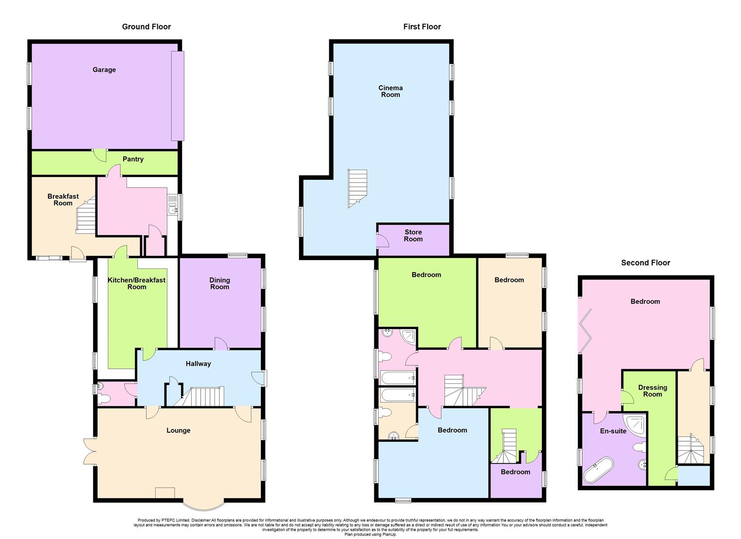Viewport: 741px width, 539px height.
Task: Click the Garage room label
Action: coord(104,70)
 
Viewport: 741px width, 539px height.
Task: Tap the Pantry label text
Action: coord(133,159)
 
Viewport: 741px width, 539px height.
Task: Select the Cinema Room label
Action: coord(390,91)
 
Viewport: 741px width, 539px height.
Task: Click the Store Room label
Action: coord(413,236)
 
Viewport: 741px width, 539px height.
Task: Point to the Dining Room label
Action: coord(220,283)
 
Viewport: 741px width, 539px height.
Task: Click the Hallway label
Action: coord(198,364)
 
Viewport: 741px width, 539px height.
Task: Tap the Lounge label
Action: coord(178,430)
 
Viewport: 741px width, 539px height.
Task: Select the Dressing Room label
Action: coord(652,391)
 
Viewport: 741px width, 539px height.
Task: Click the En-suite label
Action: coord(613,431)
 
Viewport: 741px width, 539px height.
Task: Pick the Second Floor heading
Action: coord(645,263)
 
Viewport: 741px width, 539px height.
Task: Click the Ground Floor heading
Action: coord(146,27)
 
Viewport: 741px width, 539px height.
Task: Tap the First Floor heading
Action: coord(422,27)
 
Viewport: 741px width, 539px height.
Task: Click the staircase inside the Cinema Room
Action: coord(357,188)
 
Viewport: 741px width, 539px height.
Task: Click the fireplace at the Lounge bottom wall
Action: coord(165,493)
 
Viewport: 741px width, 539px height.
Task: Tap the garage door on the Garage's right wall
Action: coord(178,95)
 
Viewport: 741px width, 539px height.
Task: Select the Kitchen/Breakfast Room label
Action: coord(136,283)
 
